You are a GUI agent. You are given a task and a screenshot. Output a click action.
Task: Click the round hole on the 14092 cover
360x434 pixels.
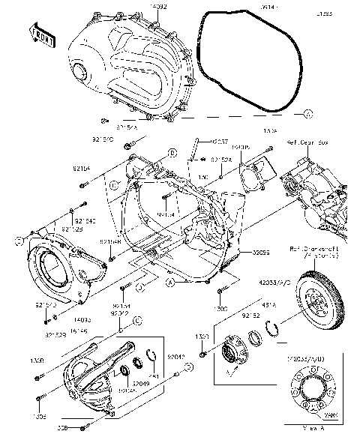point(78,70)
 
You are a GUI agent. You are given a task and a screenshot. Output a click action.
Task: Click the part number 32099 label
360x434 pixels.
point(260,253)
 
